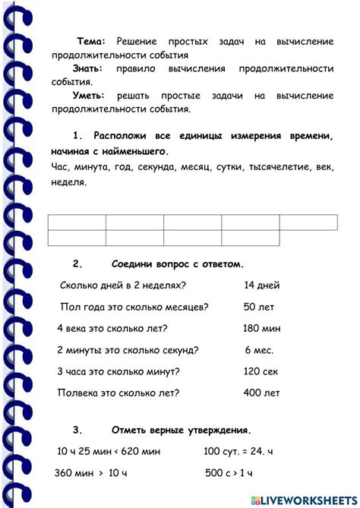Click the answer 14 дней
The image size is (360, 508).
(x=262, y=286)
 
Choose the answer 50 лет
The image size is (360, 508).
(x=260, y=307)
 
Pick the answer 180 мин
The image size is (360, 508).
(x=262, y=329)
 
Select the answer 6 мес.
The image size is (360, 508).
(x=260, y=350)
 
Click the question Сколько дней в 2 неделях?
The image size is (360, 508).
(x=122, y=286)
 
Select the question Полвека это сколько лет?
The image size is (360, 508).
(x=118, y=393)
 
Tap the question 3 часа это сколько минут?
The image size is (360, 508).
(x=118, y=372)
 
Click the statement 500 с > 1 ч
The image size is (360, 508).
(x=239, y=473)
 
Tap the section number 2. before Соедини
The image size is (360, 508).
(x=77, y=264)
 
